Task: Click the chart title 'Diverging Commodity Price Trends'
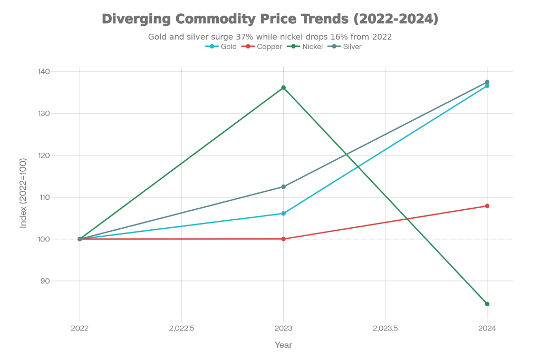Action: tap(269, 20)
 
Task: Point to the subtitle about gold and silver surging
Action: tap(269, 37)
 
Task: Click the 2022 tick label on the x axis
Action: tap(80, 328)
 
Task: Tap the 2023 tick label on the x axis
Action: tap(283, 328)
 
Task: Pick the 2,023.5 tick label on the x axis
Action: tap(385, 328)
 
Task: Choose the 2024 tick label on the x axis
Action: tap(487, 328)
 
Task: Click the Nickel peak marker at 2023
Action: tap(283, 87)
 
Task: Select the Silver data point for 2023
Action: tap(283, 187)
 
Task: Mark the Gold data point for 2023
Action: tap(283, 213)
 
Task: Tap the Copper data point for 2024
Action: tap(487, 206)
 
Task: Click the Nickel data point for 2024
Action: tap(487, 304)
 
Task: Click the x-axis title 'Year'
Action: tap(283, 345)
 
